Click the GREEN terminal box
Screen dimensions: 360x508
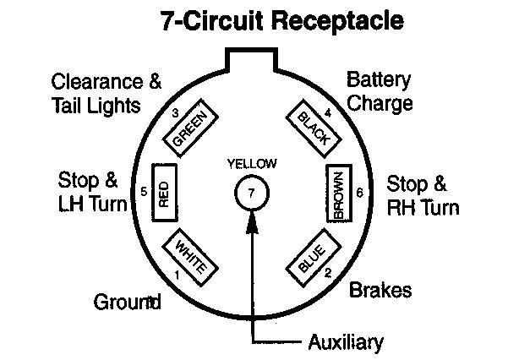[x=190, y=128]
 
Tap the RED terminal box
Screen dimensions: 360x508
[x=164, y=194]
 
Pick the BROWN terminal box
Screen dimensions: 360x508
[x=339, y=194]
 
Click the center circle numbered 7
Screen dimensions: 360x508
[x=251, y=193]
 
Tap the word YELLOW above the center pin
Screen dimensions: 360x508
[x=251, y=163]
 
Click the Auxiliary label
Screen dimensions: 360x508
[x=345, y=342]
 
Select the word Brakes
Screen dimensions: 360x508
[x=380, y=291]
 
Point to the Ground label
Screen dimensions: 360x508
[x=127, y=302]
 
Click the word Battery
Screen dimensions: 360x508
[x=379, y=81]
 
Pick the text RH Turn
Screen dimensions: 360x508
[x=423, y=207]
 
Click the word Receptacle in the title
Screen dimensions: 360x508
[x=336, y=20]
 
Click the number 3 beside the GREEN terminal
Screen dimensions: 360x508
[x=174, y=112]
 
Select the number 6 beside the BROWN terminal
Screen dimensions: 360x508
[x=360, y=193]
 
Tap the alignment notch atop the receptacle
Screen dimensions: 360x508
[x=252, y=59]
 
